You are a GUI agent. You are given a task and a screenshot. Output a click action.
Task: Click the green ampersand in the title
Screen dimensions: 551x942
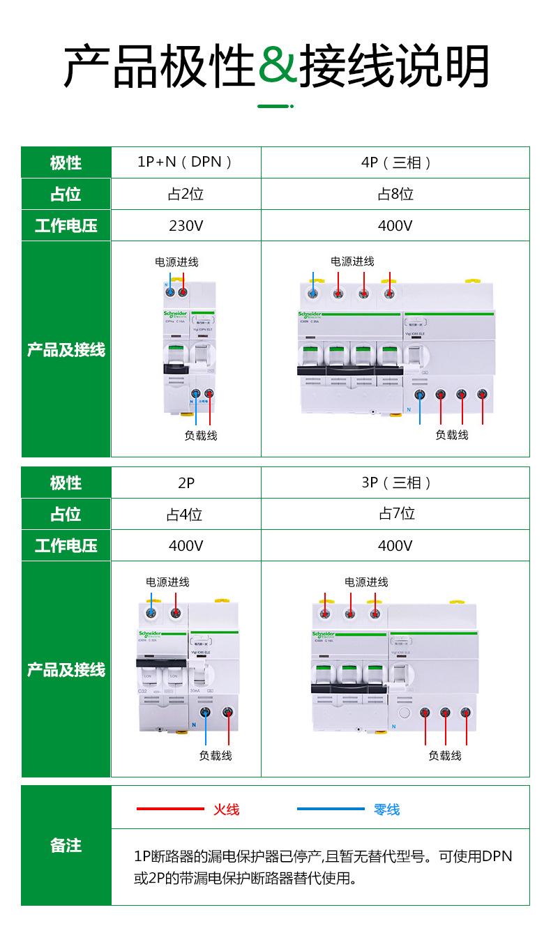(277, 67)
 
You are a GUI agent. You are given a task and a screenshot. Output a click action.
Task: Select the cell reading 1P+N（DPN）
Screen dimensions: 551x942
(186, 162)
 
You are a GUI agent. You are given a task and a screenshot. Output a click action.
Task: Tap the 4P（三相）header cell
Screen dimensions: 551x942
(395, 162)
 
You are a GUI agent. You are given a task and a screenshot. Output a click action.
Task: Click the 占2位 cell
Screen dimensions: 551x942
(186, 194)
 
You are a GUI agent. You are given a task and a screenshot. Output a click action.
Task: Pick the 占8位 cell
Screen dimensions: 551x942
(395, 194)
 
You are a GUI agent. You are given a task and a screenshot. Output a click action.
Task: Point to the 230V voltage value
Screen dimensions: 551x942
(186, 225)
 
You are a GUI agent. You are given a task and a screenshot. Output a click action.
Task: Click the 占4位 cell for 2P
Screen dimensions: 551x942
(185, 515)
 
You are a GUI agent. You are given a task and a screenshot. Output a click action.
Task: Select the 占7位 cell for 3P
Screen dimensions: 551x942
(396, 514)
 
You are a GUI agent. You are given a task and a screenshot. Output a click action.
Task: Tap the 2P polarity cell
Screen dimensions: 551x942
(186, 483)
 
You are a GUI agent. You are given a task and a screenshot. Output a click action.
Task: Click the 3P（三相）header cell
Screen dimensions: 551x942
(396, 483)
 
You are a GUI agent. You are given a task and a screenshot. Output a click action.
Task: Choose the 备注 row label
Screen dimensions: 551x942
(66, 845)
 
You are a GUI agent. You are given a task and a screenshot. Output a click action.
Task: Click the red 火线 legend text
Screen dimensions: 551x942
(226, 810)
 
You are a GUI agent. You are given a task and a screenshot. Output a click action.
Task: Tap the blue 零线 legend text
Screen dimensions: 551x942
(386, 810)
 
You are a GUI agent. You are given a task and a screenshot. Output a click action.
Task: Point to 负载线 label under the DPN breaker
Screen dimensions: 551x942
(201, 435)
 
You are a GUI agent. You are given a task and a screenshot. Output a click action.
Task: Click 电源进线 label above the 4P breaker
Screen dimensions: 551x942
(352, 261)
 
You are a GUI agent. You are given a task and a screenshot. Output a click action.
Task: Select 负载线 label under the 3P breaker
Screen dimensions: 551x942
(444, 755)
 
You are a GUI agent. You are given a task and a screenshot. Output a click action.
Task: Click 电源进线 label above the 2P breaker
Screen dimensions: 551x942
(167, 582)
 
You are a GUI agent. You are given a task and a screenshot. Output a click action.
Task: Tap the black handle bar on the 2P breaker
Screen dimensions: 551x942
(161, 662)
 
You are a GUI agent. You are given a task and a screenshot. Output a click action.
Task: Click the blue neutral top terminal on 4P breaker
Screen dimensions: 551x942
(314, 294)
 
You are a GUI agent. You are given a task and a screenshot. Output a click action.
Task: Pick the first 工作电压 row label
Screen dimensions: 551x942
(66, 225)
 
